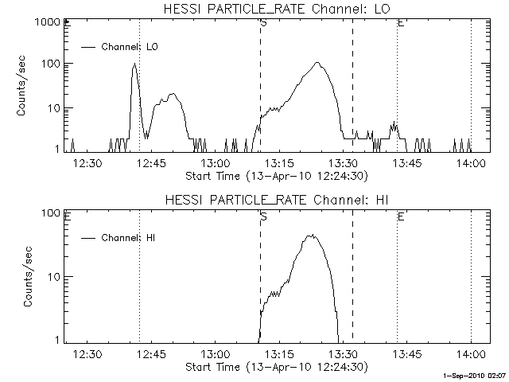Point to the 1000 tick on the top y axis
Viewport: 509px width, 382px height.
pos(48,24)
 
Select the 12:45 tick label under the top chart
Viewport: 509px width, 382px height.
pos(150,163)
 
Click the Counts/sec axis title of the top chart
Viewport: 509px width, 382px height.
pos(23,86)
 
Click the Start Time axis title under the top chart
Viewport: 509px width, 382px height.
pos(274,175)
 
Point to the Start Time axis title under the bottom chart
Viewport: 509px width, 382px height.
pos(274,367)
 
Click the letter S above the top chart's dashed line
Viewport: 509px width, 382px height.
pos(262,23)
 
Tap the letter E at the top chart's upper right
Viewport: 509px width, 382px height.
pos(400,23)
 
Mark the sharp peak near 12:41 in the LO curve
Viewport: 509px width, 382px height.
pos(134,64)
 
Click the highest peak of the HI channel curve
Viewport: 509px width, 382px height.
pos(313,236)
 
